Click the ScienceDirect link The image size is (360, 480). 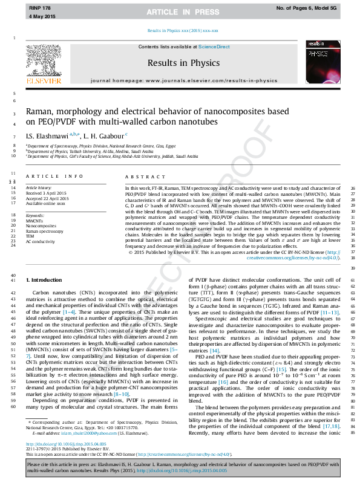[x=214, y=47]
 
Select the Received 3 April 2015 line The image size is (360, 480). [x=47, y=193]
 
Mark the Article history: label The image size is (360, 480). [x=41, y=188]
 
